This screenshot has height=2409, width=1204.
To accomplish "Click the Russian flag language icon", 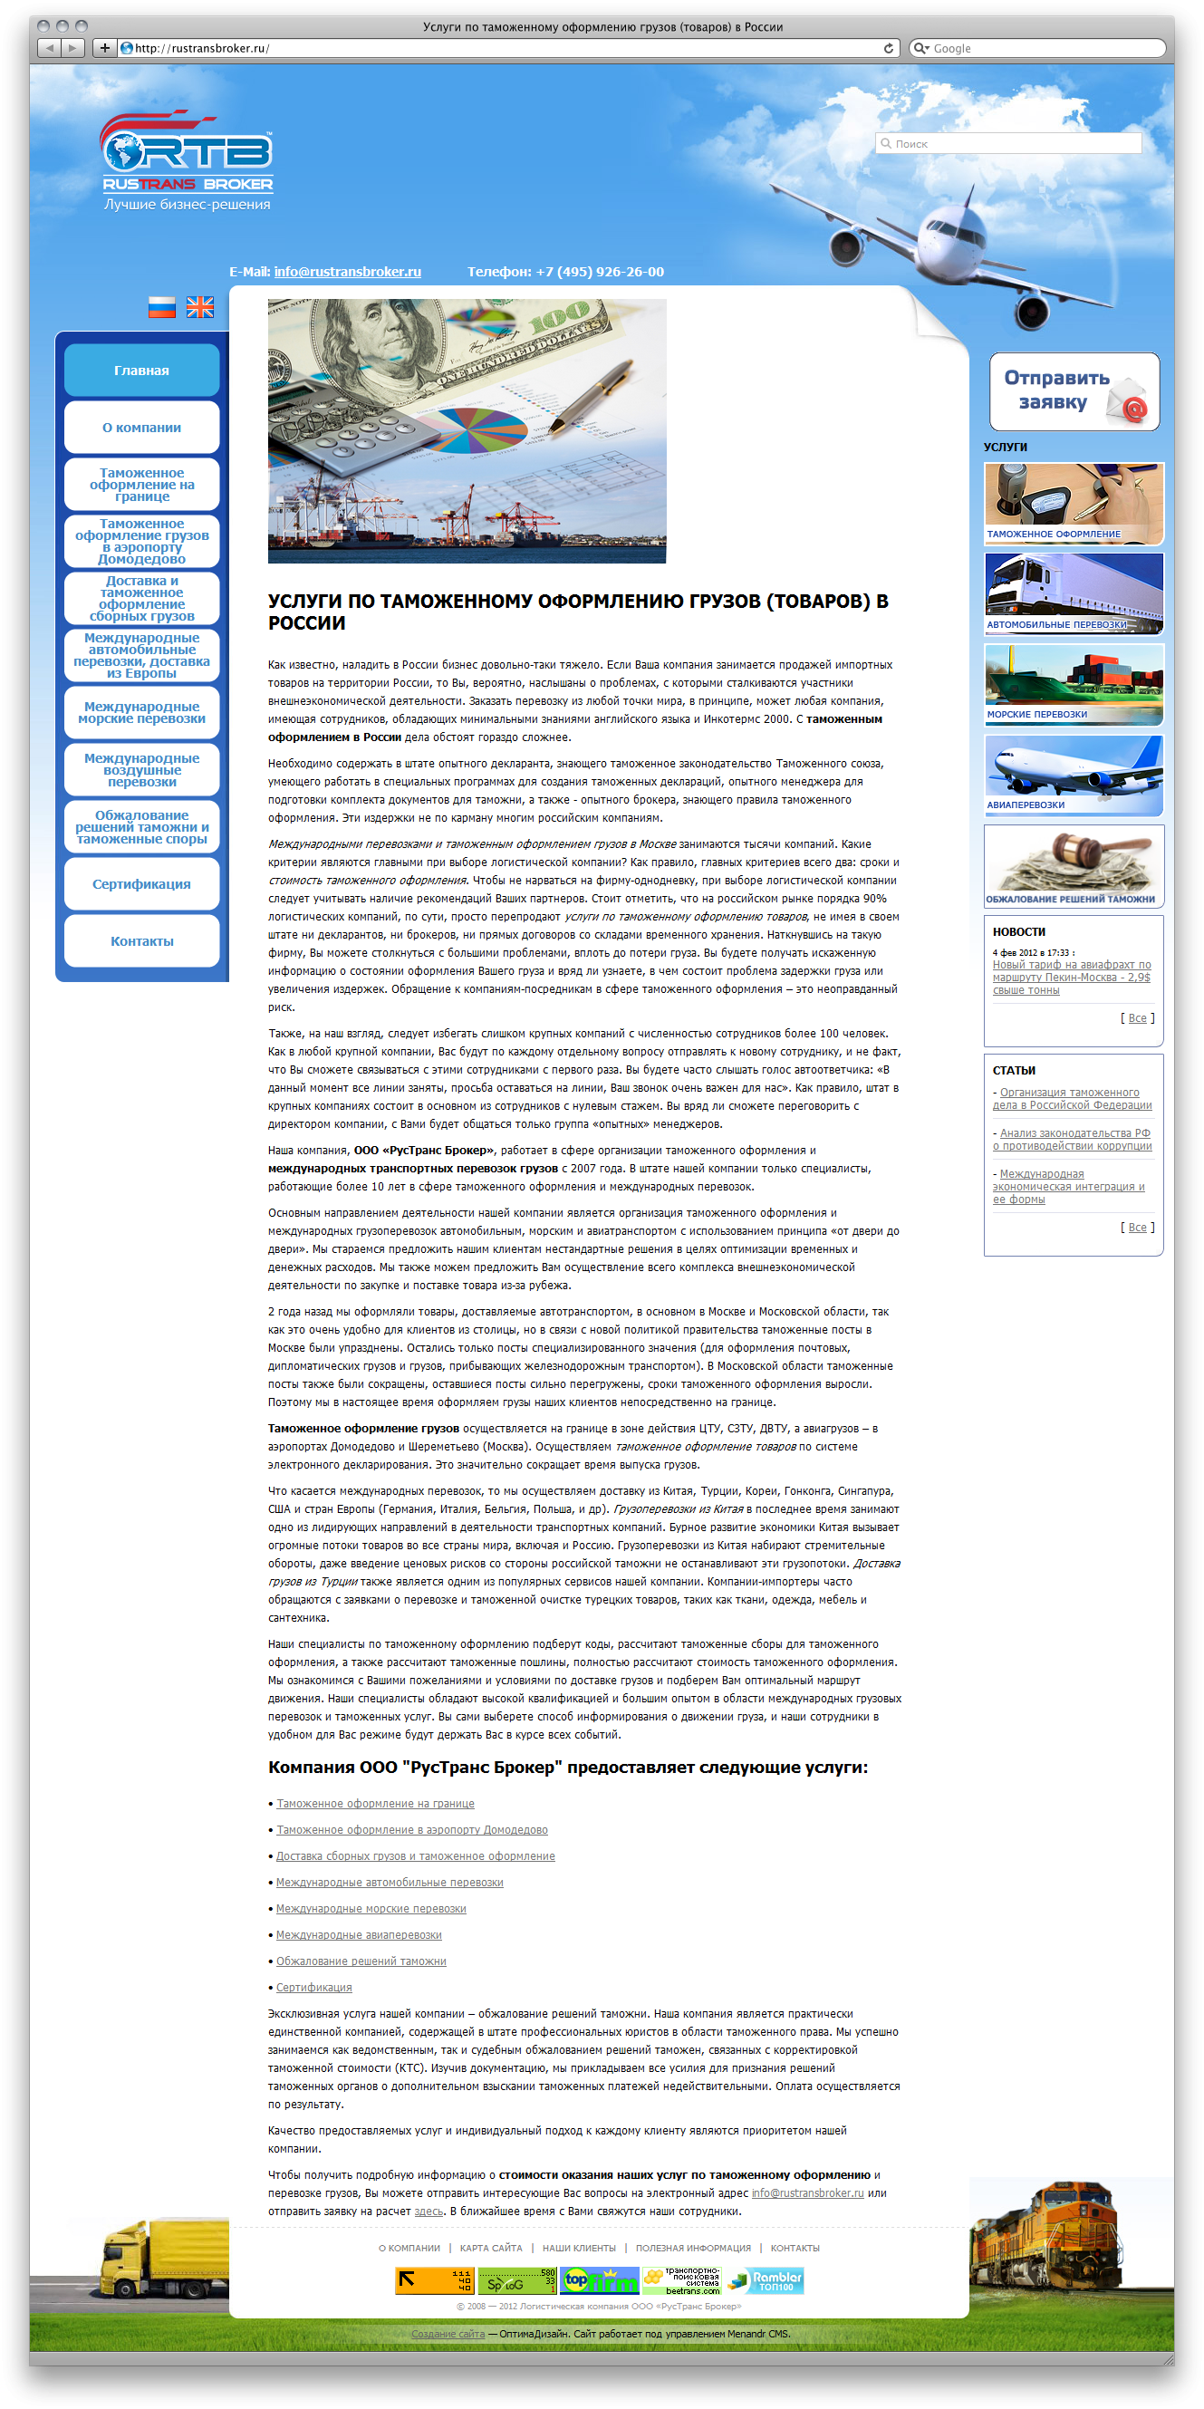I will point(162,307).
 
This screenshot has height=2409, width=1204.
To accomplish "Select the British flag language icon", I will point(200,307).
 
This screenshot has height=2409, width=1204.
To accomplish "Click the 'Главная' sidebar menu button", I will point(142,371).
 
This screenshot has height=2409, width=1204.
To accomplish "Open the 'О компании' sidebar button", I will point(142,428).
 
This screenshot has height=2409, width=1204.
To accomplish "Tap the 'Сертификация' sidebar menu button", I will point(142,883).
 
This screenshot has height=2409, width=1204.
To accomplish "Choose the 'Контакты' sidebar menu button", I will point(142,940).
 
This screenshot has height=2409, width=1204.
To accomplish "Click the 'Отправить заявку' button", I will point(1074,390).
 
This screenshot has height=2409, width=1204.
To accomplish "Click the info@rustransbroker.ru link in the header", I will point(348,272).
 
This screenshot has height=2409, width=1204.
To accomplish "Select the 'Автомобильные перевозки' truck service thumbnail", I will point(1074,593).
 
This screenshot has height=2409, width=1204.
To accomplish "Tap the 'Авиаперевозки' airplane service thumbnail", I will point(1074,776).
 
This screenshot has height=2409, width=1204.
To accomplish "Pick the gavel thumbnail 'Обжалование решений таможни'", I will point(1074,866).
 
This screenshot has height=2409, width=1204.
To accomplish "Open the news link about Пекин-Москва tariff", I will point(1071,978).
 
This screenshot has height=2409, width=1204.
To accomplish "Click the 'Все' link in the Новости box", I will point(1137,1018).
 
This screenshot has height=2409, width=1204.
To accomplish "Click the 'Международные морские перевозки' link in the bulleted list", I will point(371,1909).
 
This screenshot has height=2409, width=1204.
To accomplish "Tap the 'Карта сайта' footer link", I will point(491,2248).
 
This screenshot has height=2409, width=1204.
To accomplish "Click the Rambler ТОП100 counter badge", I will point(766,2281).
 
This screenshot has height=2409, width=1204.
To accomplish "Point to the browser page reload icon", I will point(888,49).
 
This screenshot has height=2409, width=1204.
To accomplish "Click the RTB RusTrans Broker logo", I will point(187,154).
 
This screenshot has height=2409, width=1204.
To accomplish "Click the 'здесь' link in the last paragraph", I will point(429,2211).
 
